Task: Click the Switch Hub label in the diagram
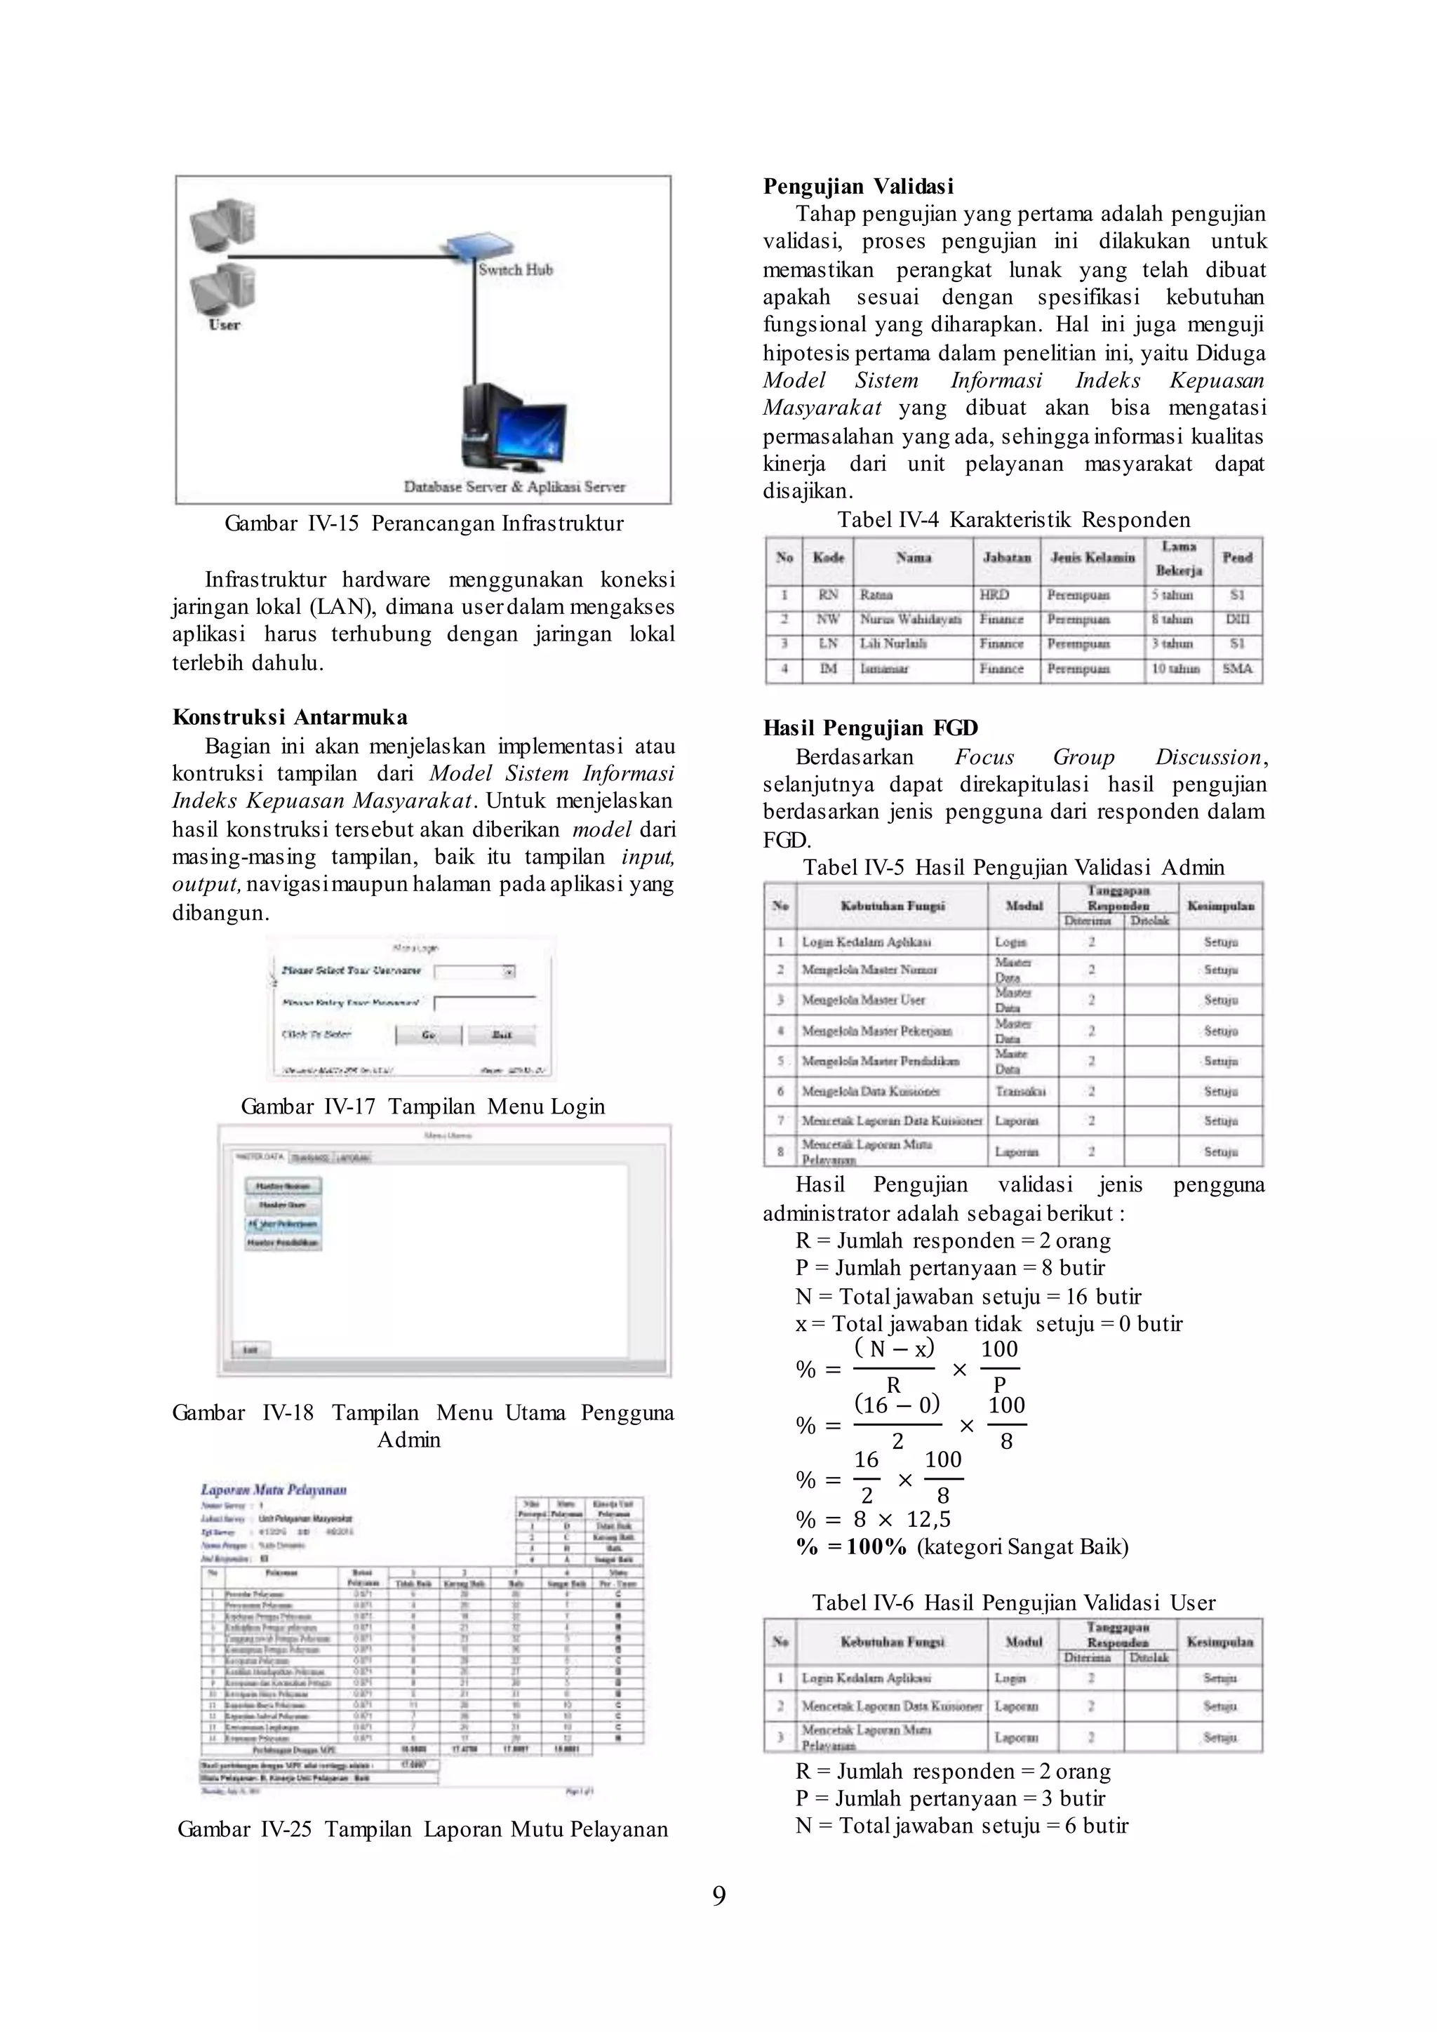pyautogui.click(x=515, y=270)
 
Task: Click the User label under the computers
pyautogui.click(x=224, y=325)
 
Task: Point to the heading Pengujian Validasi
pyautogui.click(x=858, y=186)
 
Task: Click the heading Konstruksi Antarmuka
pyautogui.click(x=289, y=717)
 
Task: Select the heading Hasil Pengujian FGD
pyautogui.click(x=870, y=728)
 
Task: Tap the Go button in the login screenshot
pyautogui.click(x=428, y=1034)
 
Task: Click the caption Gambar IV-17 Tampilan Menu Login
pyautogui.click(x=423, y=1107)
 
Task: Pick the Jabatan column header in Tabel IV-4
pyautogui.click(x=1007, y=558)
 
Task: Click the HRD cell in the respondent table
pyautogui.click(x=994, y=596)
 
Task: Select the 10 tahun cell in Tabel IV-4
pyautogui.click(x=1175, y=669)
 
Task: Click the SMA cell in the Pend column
pyautogui.click(x=1237, y=669)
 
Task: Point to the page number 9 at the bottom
pyautogui.click(x=718, y=1894)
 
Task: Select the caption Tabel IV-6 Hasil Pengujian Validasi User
pyautogui.click(x=1013, y=1603)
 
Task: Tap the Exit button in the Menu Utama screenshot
pyautogui.click(x=251, y=1350)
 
